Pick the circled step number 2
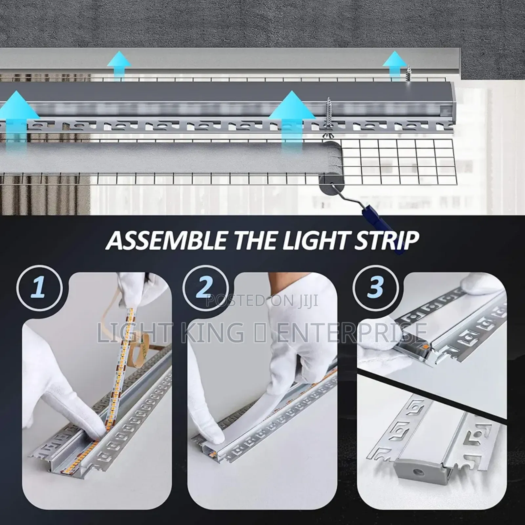tap(205, 286)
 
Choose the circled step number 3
tap(375, 286)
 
